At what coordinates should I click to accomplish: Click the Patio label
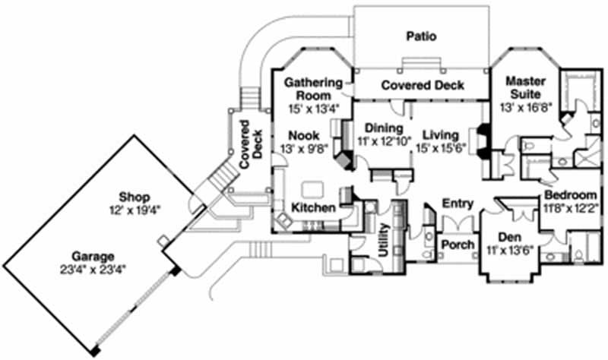(420, 36)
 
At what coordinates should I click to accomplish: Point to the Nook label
(302, 135)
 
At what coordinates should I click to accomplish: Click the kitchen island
(313, 188)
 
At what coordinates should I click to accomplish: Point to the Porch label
(458, 245)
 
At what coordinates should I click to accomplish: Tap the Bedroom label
(570, 194)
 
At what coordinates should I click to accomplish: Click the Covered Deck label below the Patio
(423, 85)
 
